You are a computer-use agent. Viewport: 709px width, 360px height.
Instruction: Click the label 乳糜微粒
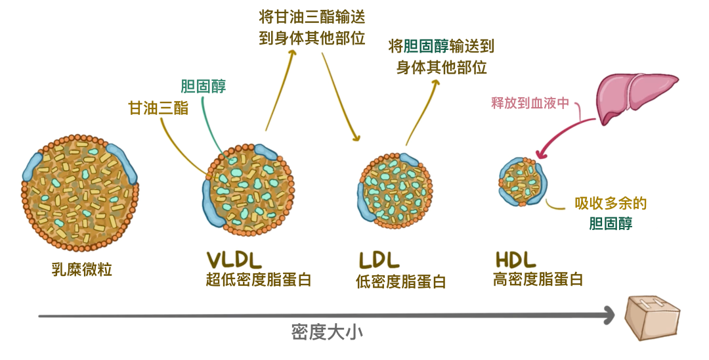pos(81,269)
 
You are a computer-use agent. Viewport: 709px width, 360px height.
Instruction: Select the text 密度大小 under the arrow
pos(327,332)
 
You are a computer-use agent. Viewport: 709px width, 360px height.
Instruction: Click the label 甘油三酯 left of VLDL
pos(158,108)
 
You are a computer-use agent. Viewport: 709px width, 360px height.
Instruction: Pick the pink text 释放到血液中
pos(530,103)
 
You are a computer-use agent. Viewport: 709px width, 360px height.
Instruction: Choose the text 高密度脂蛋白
pos(538,279)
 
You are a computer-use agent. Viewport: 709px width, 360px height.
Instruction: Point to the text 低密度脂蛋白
pos(400,282)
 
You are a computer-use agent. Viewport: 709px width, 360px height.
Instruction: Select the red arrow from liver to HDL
pos(563,135)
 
